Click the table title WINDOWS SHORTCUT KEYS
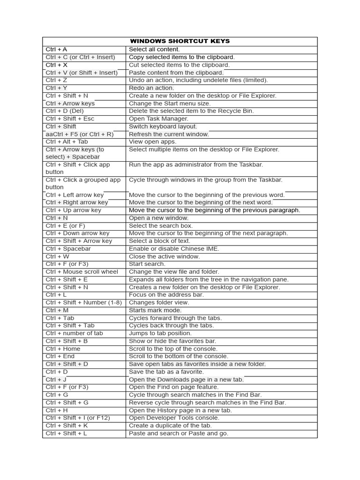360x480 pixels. click(180, 41)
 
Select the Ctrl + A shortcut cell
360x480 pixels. click(57, 49)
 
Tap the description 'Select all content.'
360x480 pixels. click(154, 49)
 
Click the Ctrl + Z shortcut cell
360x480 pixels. click(57, 80)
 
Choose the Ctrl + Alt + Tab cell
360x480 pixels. click(67, 142)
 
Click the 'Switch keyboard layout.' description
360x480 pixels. click(163, 127)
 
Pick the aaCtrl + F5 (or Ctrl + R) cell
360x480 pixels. click(80, 134)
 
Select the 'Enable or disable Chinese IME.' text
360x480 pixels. click(174, 249)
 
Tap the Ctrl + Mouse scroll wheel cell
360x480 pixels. click(82, 272)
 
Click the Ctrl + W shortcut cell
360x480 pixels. click(58, 256)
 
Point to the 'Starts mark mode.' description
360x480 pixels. click(155, 310)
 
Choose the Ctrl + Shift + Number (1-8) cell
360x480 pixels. click(84, 302)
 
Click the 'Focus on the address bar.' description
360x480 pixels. click(166, 295)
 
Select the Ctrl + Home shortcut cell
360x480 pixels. click(63, 349)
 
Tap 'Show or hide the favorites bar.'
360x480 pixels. click(172, 341)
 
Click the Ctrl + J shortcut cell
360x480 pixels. click(56, 380)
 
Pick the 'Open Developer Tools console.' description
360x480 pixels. click(174, 418)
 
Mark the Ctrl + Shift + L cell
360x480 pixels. click(67, 434)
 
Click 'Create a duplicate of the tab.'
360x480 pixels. click(170, 426)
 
